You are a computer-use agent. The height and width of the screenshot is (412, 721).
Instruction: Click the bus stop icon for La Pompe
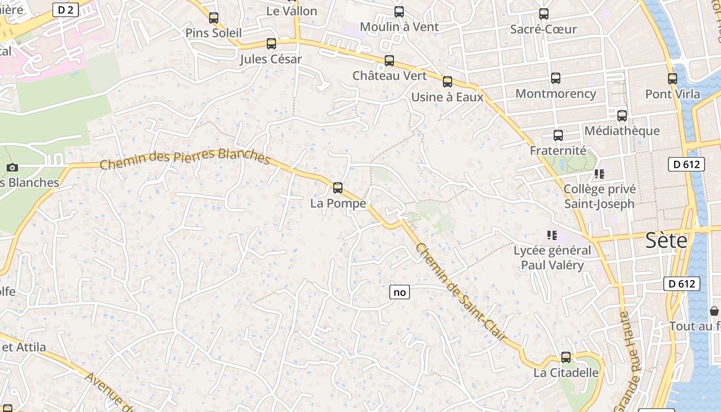(x=338, y=188)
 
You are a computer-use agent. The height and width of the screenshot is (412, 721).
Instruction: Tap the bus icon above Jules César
(x=271, y=44)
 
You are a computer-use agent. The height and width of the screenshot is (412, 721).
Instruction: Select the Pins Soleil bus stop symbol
(x=214, y=18)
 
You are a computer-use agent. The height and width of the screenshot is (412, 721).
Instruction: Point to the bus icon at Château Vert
(x=389, y=61)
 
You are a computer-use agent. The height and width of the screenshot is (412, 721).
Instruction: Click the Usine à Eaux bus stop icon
(x=448, y=82)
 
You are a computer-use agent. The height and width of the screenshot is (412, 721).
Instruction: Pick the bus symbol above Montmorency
(x=556, y=78)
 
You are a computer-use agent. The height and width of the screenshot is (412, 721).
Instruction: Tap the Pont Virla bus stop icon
(x=673, y=79)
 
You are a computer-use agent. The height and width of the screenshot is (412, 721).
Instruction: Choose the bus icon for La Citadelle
(x=566, y=357)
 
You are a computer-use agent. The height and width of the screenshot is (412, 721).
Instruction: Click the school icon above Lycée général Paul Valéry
(x=552, y=236)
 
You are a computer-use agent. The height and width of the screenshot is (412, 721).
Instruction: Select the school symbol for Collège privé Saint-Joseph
(x=599, y=174)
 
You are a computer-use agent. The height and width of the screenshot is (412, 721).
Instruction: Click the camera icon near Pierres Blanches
(x=12, y=167)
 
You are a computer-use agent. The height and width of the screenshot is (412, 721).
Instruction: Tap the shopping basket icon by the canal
(x=714, y=311)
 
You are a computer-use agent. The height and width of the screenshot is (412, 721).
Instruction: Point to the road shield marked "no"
(x=400, y=293)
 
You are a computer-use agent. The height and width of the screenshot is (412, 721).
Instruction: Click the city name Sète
(x=666, y=241)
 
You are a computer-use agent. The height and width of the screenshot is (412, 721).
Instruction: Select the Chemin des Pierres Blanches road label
(x=185, y=159)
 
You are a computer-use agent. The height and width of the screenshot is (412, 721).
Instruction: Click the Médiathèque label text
(x=622, y=131)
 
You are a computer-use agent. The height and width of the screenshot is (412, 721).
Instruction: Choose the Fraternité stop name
(x=558, y=151)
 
